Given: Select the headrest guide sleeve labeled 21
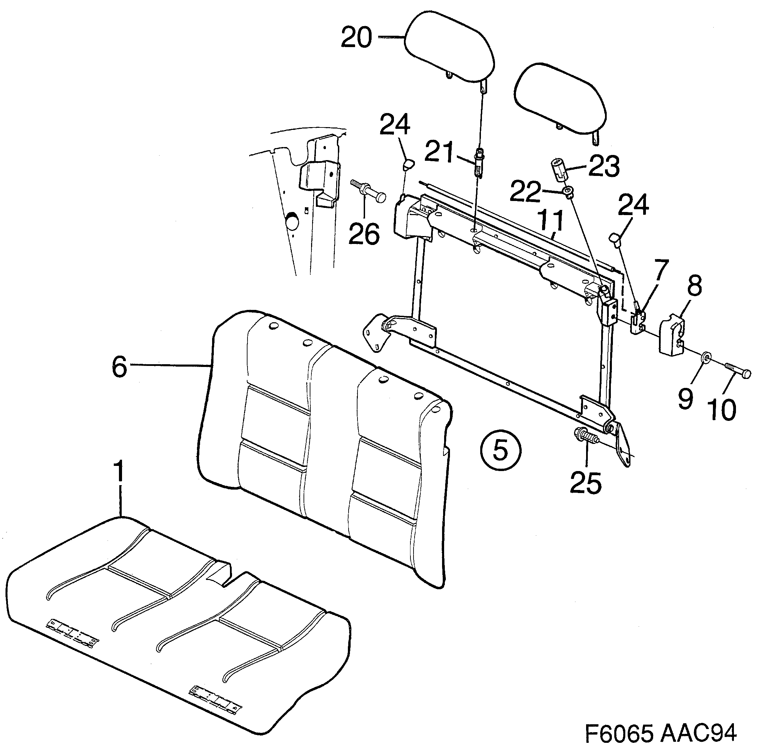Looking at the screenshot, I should (478, 162).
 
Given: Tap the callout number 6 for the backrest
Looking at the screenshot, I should (120, 367).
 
